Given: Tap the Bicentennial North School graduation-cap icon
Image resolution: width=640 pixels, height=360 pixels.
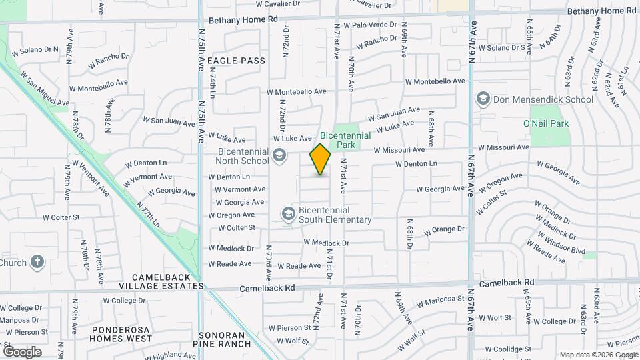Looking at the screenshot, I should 279,156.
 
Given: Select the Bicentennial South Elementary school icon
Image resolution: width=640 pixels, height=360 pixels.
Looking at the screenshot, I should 288,214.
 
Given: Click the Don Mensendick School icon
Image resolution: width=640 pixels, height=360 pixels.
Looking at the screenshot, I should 483,100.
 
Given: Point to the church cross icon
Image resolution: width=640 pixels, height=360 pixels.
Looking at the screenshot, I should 37,262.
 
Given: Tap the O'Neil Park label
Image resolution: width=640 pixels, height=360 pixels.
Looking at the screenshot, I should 547,123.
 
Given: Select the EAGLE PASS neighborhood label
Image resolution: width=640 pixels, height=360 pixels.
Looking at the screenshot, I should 236,61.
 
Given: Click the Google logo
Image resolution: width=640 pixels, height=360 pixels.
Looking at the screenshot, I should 22,351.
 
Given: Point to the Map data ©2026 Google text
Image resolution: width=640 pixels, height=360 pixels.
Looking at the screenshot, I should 599,355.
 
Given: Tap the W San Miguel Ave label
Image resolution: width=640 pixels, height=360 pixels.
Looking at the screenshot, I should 45,89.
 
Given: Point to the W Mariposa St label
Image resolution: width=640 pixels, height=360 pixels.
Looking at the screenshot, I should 440,303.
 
